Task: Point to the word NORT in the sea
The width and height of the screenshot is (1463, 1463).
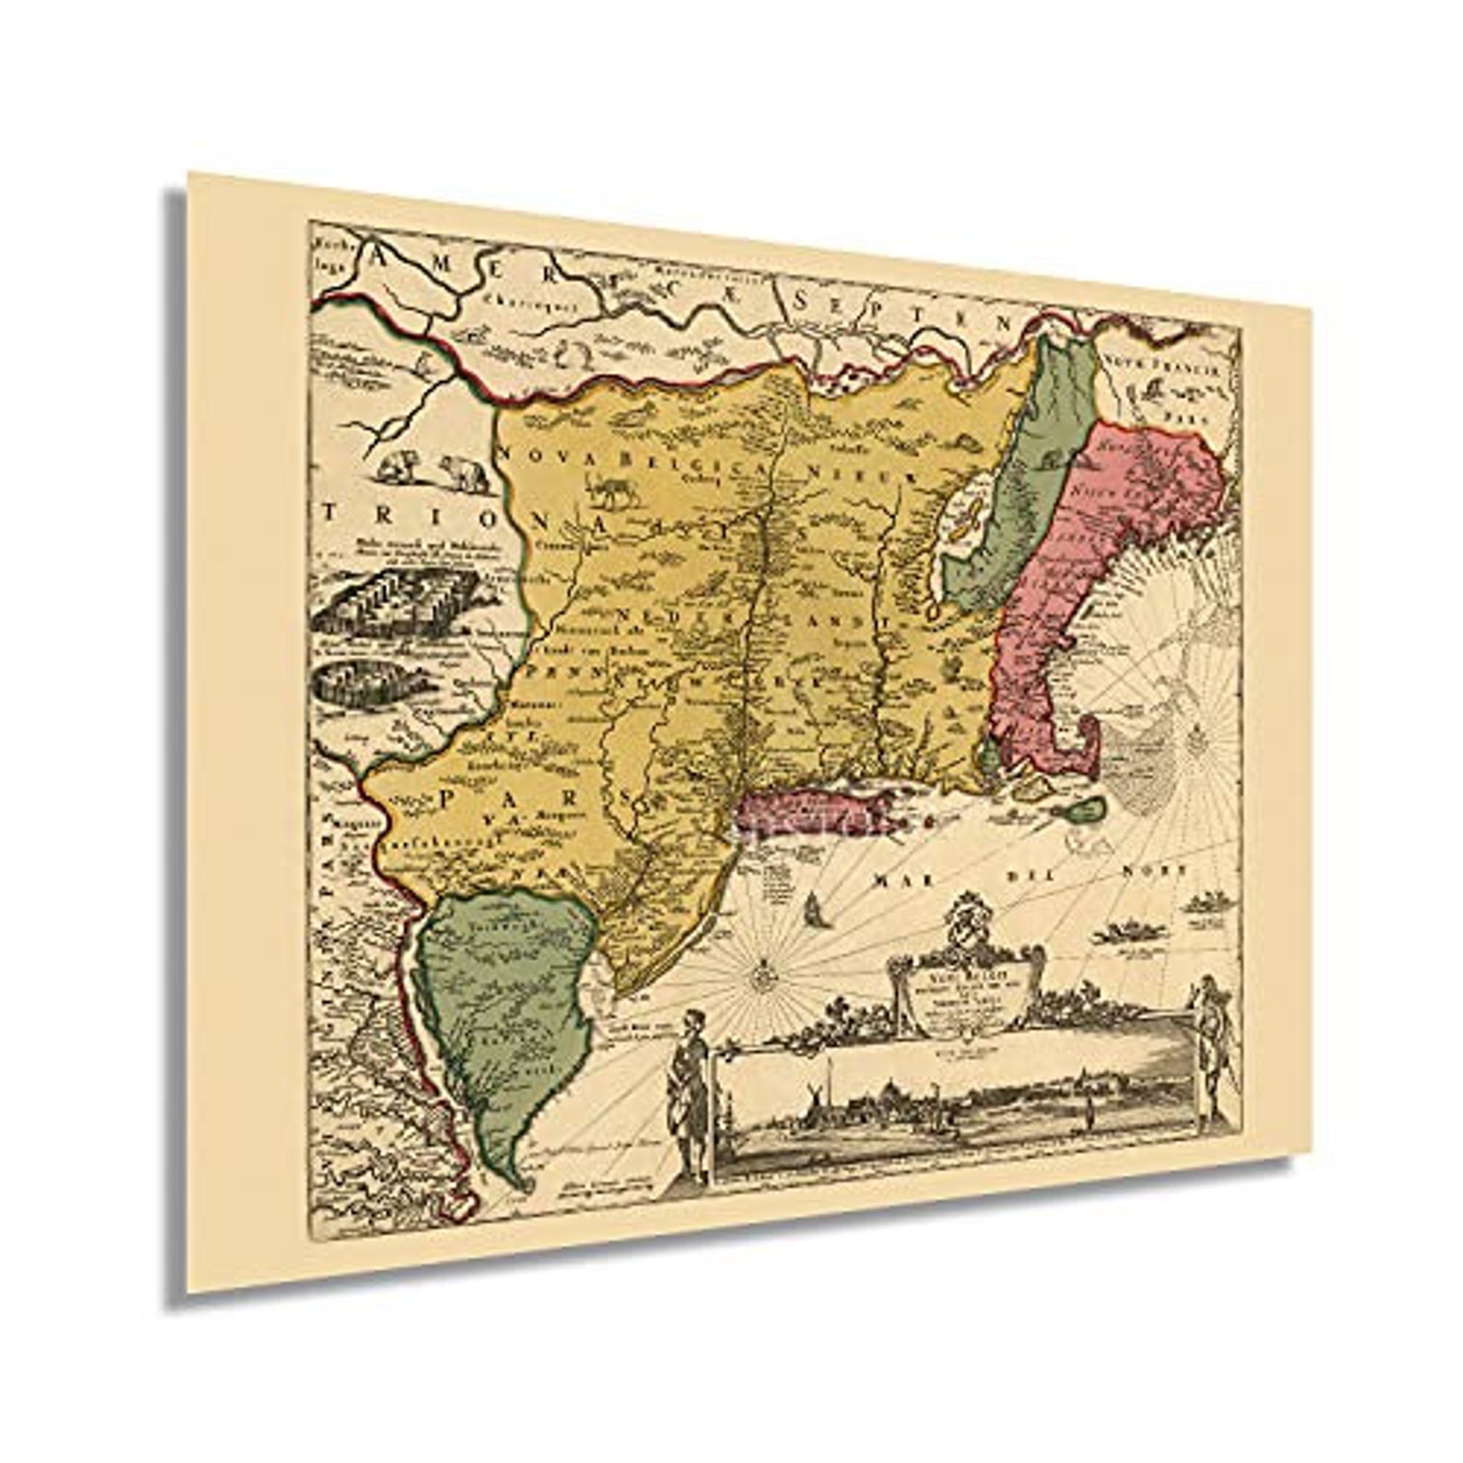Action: pyautogui.click(x=1155, y=869)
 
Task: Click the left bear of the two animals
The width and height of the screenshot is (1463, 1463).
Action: pyautogui.click(x=399, y=467)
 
